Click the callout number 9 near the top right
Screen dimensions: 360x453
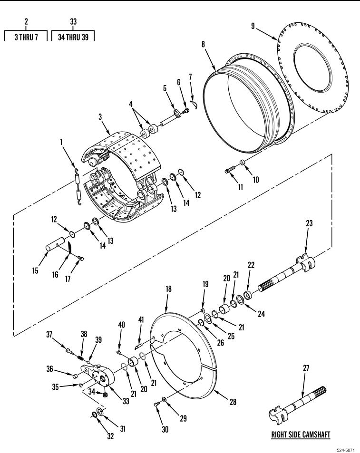253,26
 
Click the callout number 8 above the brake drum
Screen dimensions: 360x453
203,44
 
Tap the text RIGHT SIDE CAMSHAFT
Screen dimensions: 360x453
301,434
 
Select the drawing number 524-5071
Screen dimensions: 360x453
346,450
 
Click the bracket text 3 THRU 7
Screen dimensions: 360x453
26,37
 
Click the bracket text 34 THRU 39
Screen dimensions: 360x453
73,37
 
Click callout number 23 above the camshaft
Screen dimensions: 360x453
309,223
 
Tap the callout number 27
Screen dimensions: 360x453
306,368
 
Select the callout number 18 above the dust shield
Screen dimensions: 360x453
168,289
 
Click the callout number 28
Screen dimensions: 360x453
233,402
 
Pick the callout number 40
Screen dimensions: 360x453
122,325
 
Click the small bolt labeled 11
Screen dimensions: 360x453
229,171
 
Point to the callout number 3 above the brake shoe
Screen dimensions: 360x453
100,117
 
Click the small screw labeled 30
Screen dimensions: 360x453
157,405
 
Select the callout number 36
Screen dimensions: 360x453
50,369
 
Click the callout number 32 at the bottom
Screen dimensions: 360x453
111,436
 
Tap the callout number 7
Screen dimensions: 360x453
190,77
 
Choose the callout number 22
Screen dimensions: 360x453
251,265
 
